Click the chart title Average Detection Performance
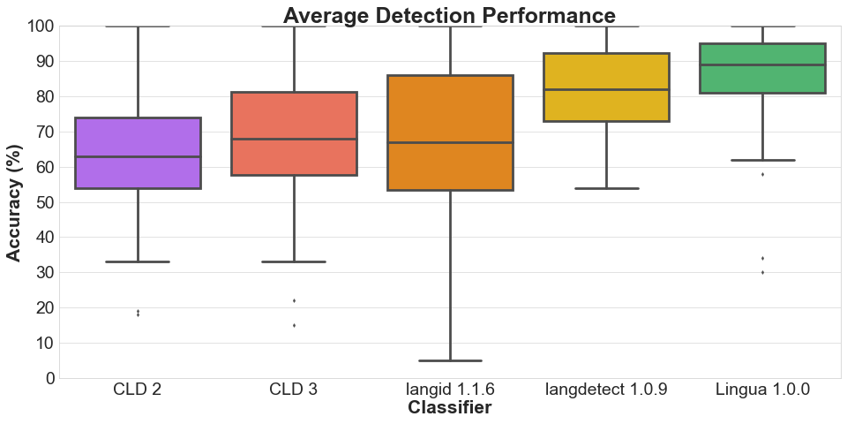tap(449, 15)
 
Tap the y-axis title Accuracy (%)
tap(14, 203)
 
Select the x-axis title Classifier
tap(449, 407)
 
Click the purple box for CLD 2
tap(138, 153)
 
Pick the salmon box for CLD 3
tap(294, 133)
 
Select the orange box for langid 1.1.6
tap(450, 132)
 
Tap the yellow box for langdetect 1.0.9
tap(606, 87)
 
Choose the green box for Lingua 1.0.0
tap(762, 68)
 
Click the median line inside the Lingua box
tap(762, 64)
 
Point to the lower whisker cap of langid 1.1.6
tap(450, 360)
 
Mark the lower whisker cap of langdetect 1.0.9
tap(606, 188)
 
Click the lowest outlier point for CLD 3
tap(294, 326)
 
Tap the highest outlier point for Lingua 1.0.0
tap(762, 174)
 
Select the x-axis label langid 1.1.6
tap(450, 390)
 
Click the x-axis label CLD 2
tap(138, 390)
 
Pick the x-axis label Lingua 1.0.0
tap(762, 390)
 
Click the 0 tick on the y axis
tap(51, 379)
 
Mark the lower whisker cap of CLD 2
tap(138, 261)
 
